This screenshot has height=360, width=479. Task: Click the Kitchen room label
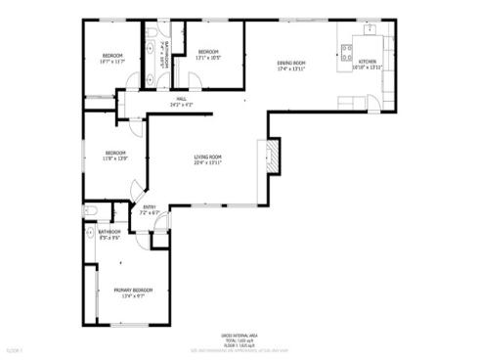[368, 62]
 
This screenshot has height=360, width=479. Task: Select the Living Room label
[207, 157]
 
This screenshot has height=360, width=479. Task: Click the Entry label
[150, 206]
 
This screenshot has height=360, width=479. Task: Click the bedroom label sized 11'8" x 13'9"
[116, 153]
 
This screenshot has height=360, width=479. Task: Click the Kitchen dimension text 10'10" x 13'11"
[368, 68]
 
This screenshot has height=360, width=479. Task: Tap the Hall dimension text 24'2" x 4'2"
[181, 105]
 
